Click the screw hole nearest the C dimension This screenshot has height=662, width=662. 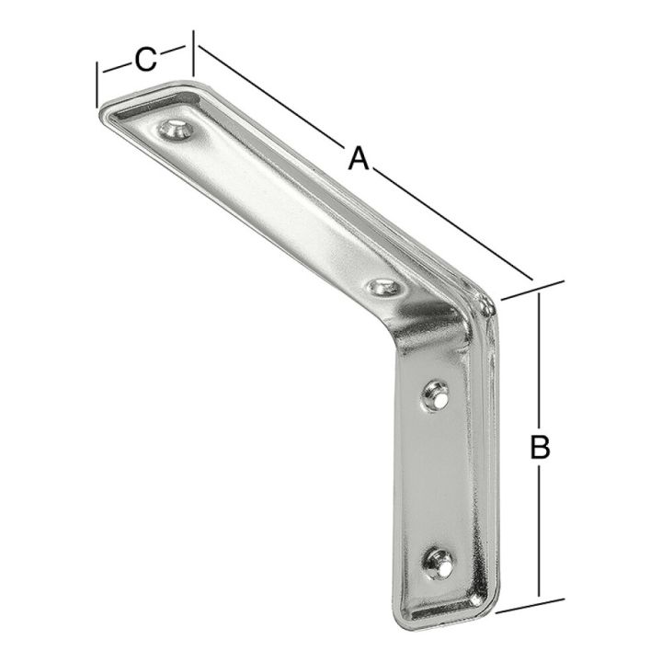click(177, 129)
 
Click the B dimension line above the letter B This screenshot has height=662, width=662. click(539, 359)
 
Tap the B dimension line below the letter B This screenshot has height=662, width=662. click(539, 533)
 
